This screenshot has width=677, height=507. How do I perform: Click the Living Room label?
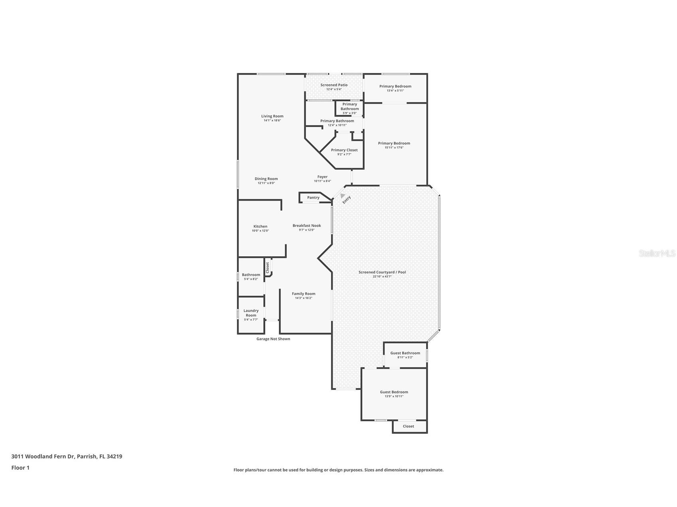[272, 116]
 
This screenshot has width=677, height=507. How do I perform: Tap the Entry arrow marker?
[342, 196]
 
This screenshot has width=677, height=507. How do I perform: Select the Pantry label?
[313, 197]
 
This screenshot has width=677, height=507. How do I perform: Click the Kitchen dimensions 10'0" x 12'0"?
[260, 231]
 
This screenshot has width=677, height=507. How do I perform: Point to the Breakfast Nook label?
[306, 226]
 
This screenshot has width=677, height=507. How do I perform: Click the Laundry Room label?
[251, 313]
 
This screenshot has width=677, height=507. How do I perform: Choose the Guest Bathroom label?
[405, 353]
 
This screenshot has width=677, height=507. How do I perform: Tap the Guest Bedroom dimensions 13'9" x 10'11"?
[394, 396]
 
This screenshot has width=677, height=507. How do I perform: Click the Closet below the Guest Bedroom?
[408, 426]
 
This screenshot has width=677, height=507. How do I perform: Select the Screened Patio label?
[334, 85]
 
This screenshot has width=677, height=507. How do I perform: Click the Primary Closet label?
[344, 150]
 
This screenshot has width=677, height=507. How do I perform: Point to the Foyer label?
[322, 177]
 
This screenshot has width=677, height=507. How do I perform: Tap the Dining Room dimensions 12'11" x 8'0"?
[266, 183]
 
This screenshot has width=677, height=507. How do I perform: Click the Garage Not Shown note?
[273, 339]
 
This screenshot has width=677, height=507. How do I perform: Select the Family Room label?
[303, 294]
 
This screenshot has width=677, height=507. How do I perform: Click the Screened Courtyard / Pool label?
[382, 272]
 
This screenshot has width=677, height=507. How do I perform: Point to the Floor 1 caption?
[20, 468]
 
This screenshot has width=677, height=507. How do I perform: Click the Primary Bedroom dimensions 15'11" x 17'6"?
[394, 147]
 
